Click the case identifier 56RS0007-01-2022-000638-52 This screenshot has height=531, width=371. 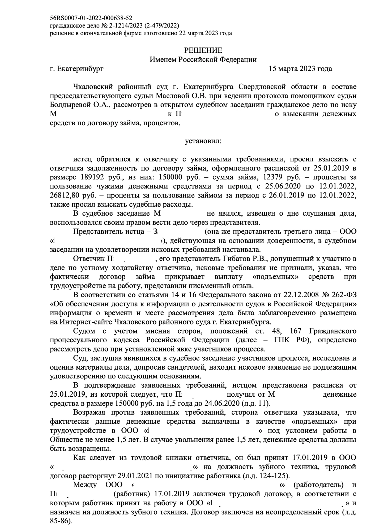(91, 18)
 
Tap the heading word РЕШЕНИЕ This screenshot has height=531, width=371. (203, 50)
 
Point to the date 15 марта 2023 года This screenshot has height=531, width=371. (300, 69)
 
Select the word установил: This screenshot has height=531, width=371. (203, 141)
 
